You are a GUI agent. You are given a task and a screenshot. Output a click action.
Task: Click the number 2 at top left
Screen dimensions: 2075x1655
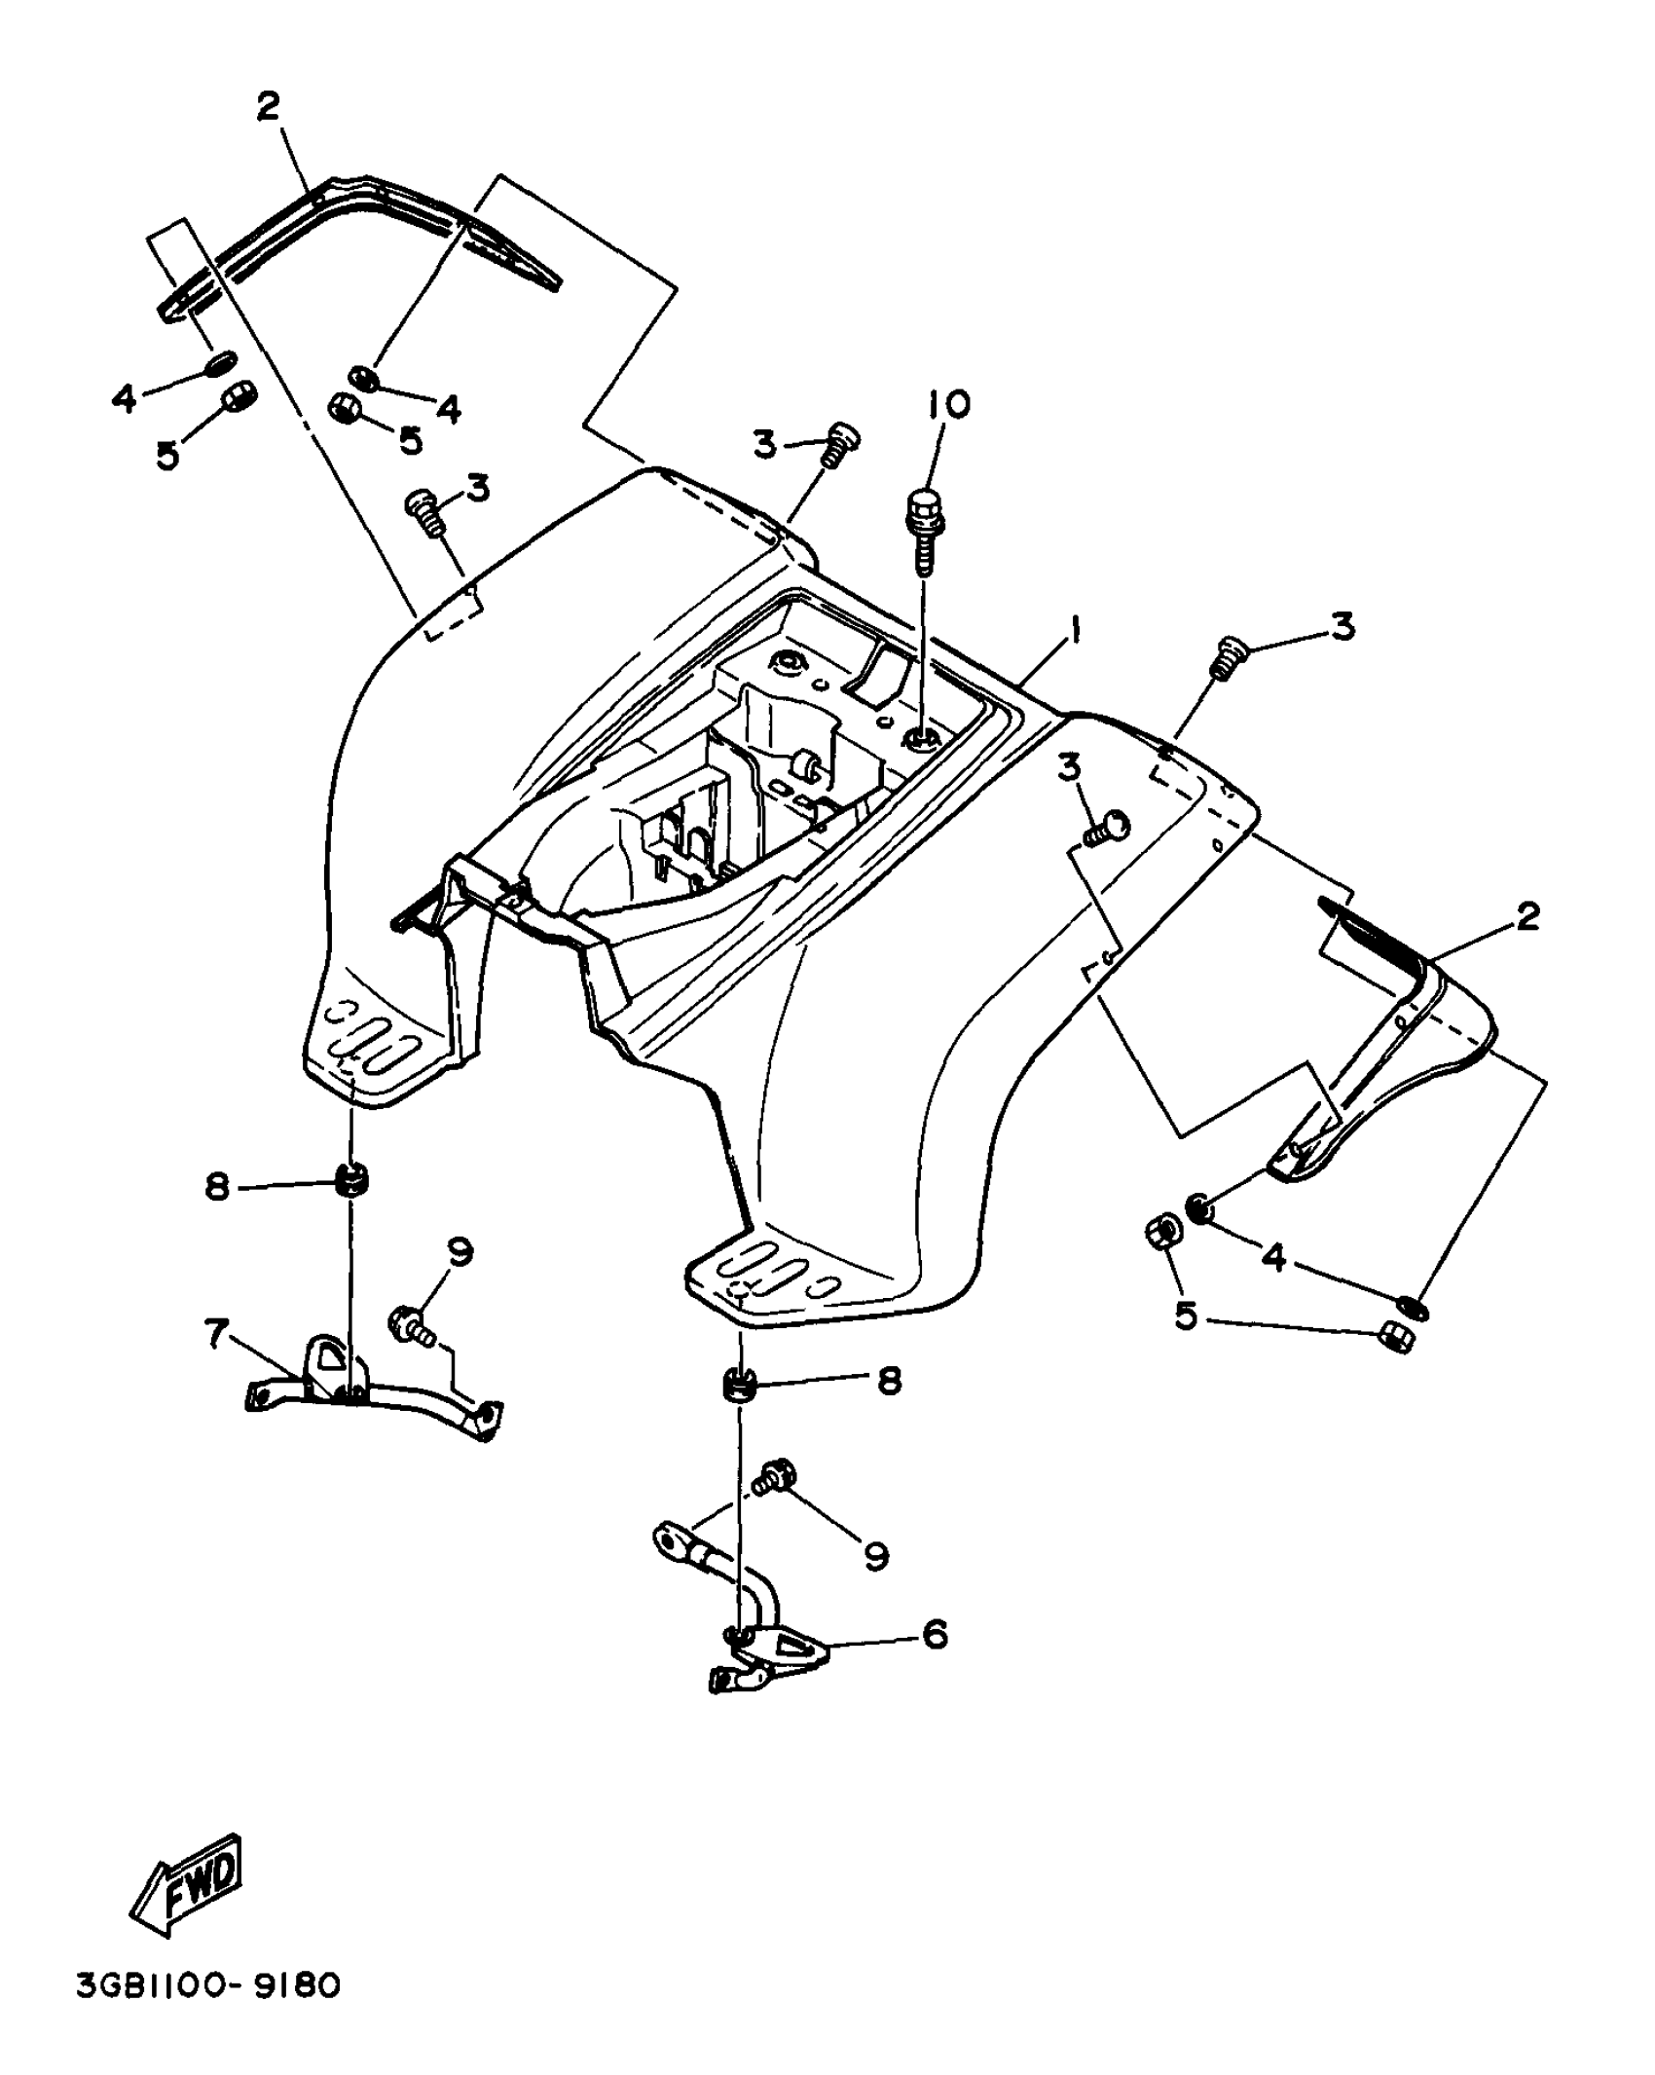pos(268,107)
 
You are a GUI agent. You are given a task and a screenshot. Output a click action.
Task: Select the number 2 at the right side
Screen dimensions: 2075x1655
pos(1526,916)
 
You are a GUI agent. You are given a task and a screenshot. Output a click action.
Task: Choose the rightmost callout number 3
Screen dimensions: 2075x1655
pos(1342,628)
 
